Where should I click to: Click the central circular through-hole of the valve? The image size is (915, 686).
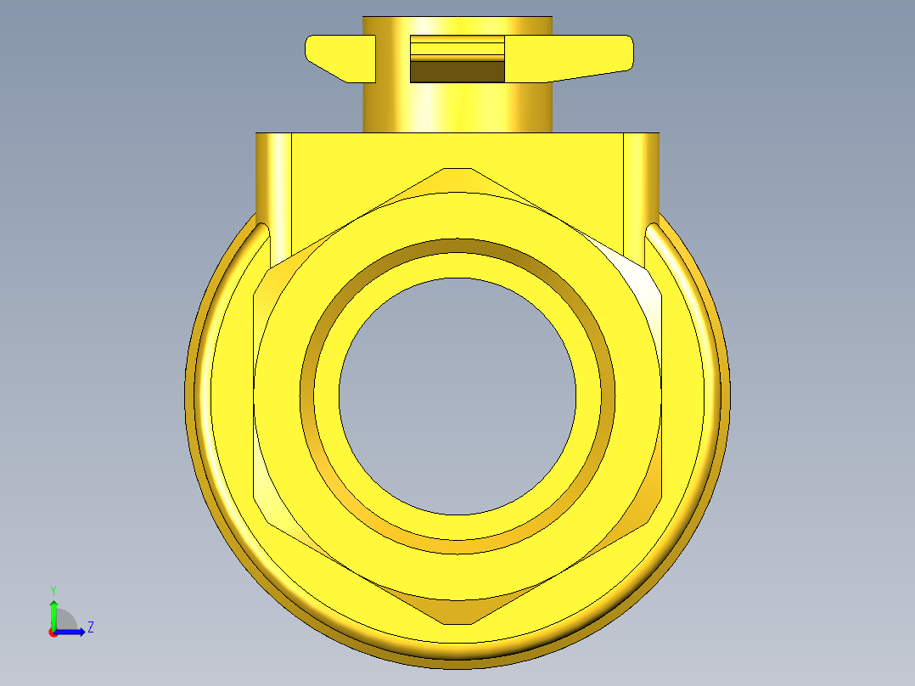click(x=457, y=396)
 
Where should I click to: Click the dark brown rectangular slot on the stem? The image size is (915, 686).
click(x=457, y=72)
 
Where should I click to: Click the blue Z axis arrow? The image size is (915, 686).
click(x=70, y=632)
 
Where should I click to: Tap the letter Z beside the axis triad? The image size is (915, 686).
click(x=91, y=627)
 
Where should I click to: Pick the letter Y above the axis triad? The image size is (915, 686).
click(x=53, y=591)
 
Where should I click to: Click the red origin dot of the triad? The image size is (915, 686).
click(x=53, y=633)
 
